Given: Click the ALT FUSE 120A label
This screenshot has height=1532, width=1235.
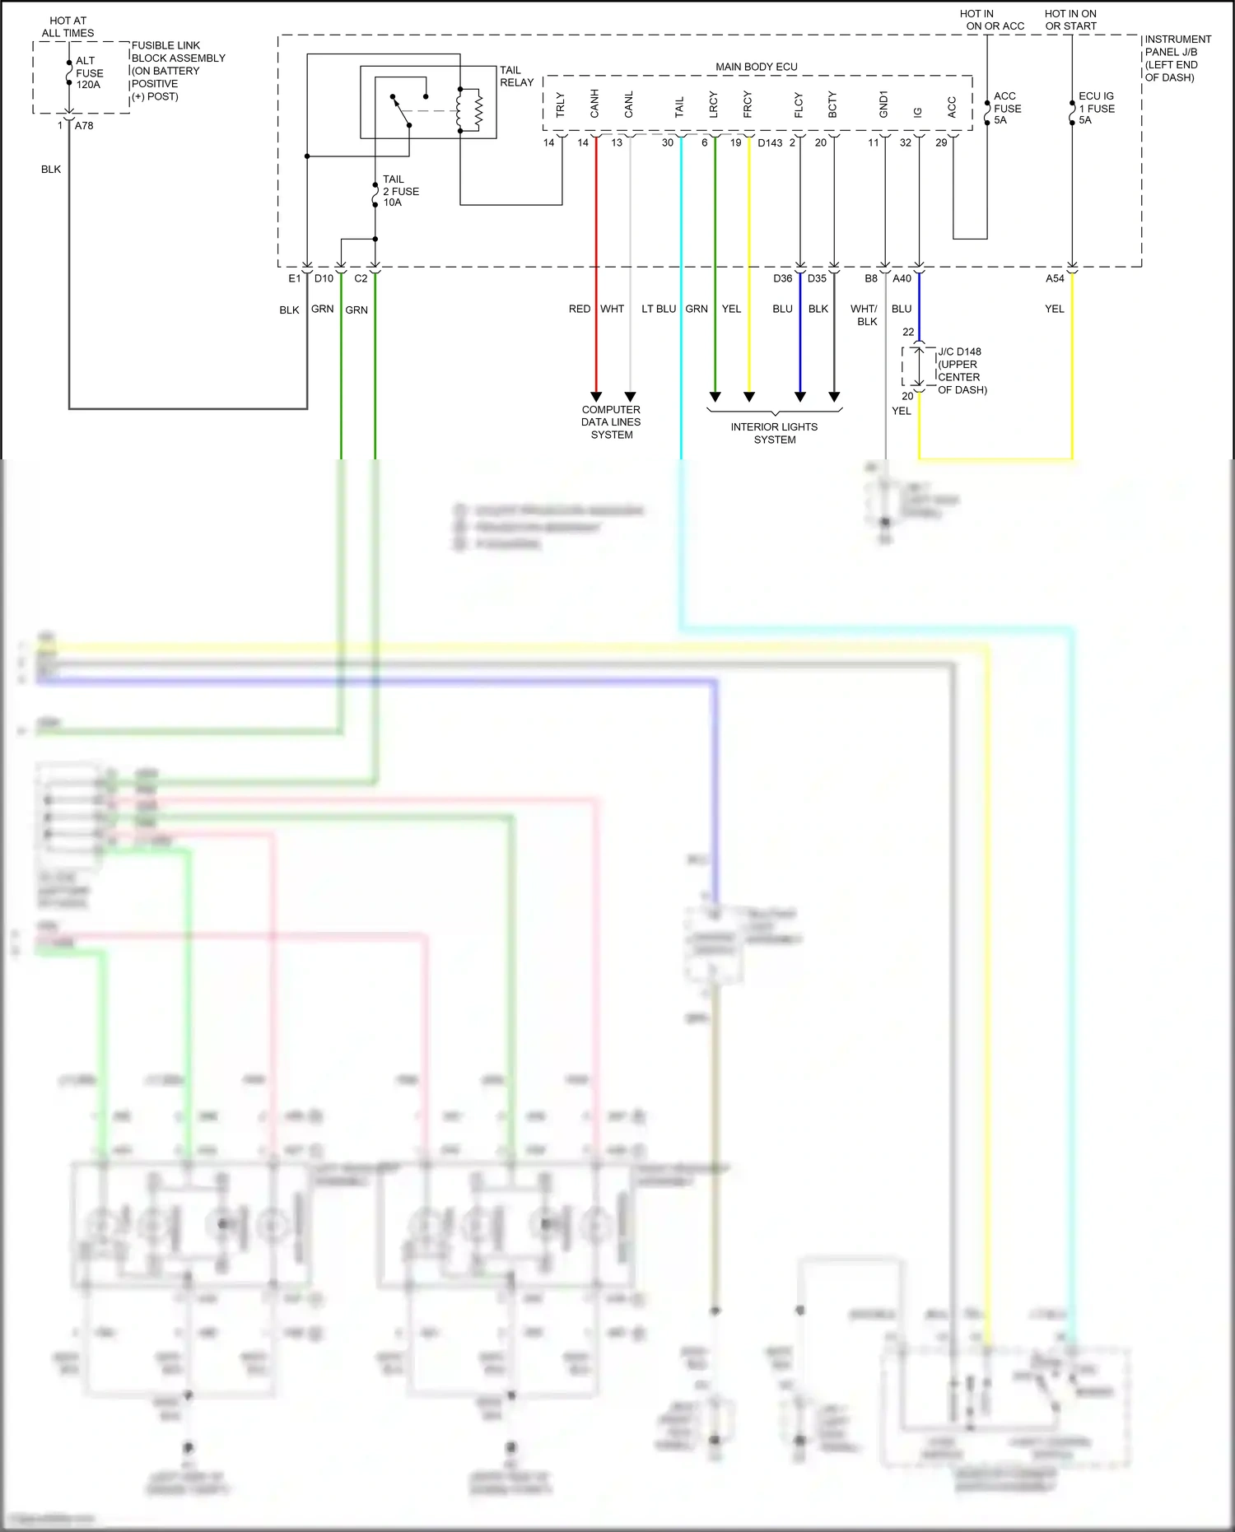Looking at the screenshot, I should pos(88,72).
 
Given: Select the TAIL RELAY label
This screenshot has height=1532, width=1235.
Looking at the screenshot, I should pos(516,77).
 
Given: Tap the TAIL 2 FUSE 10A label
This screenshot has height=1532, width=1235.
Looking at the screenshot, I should pos(400,191).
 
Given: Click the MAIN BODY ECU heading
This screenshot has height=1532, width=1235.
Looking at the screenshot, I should pos(756,67).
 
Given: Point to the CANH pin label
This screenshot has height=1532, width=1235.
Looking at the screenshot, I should pos(594,104).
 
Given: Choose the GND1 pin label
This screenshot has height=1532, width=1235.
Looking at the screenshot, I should pos(883,104).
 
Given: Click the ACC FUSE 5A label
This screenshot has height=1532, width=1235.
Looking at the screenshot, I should pos(1007,108).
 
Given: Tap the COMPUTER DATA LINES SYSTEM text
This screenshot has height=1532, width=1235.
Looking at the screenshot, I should pos(611,421).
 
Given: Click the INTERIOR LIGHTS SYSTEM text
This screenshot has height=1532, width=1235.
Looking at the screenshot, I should pos(774,433).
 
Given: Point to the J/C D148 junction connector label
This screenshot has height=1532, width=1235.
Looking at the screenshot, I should pos(961,370).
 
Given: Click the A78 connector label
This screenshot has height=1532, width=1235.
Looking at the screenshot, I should pos(84,126).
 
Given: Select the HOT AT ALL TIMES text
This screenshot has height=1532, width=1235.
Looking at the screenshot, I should pos(68,27).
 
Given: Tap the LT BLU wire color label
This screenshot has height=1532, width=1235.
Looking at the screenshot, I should pos(659,309).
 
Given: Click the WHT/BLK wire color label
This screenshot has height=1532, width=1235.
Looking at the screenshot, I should pos(864,315).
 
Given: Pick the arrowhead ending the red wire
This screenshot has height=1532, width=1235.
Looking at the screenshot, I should pos(596,397).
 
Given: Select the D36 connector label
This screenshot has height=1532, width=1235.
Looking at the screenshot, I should pos(782,278).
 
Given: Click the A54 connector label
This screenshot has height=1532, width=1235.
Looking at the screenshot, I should pos(1055,278).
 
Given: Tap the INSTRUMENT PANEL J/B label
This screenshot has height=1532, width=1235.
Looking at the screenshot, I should pos(1177,58).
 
